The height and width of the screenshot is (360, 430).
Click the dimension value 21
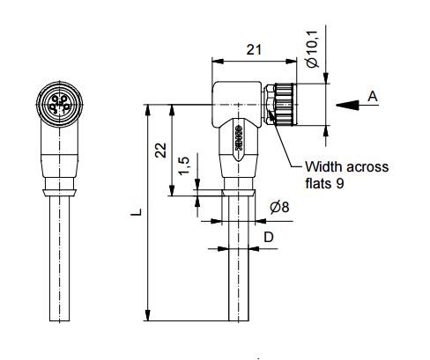(x=254, y=49)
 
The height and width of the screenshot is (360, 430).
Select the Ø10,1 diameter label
(x=312, y=49)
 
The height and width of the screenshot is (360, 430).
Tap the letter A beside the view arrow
(x=373, y=96)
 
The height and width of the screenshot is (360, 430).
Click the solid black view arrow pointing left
(x=347, y=105)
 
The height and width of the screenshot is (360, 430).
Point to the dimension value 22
(x=161, y=151)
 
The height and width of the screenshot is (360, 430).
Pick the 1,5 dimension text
(x=185, y=165)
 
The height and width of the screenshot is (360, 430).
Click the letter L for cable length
(x=136, y=212)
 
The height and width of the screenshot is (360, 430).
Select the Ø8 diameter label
(x=279, y=207)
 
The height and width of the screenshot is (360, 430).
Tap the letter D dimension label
(x=269, y=237)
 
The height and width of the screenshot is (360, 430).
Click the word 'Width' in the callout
(x=324, y=166)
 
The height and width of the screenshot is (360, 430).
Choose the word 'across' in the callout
(x=367, y=167)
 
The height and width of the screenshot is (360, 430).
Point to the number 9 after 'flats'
(x=339, y=184)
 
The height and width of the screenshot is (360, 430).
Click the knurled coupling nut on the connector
(x=285, y=105)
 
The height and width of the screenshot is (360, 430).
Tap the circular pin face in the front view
(x=60, y=104)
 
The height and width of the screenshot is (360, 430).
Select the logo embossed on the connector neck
(x=239, y=138)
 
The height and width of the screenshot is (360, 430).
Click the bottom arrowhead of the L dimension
(x=148, y=315)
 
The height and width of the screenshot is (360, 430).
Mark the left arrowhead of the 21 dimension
(x=218, y=62)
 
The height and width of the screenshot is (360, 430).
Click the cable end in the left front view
(x=60, y=320)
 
